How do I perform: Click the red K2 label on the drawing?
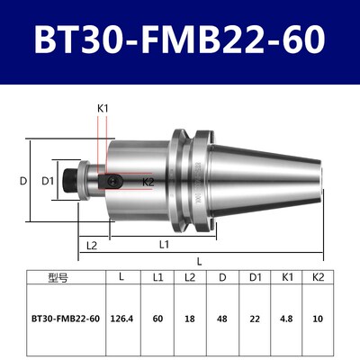point(148,182)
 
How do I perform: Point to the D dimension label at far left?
point(23,181)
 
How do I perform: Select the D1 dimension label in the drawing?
point(52,181)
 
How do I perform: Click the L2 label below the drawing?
point(91,245)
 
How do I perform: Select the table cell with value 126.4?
point(121,318)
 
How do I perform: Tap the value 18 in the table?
point(189,318)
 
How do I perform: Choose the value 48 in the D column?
point(222,318)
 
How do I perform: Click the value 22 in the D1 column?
point(255,318)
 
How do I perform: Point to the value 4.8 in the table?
point(286,318)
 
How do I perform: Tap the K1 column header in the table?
point(286,276)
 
